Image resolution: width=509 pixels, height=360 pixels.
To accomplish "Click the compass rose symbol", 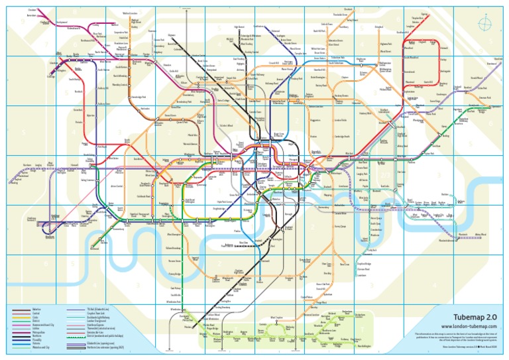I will [488, 25].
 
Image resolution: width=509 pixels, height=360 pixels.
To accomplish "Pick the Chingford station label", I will [378, 27].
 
